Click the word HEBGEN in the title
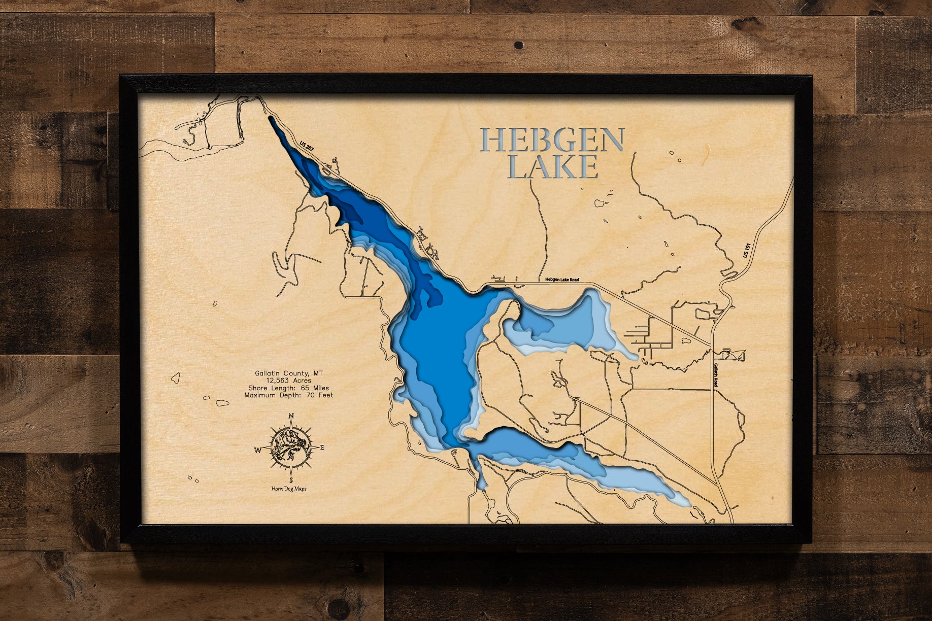552,141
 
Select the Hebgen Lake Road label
562,280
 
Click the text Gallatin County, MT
289,373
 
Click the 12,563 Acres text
289,381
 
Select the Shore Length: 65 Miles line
289,388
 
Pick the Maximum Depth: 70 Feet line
289,395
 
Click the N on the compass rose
291,417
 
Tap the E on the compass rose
322,447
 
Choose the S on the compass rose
291,479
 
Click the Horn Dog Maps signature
289,489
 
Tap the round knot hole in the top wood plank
518,46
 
